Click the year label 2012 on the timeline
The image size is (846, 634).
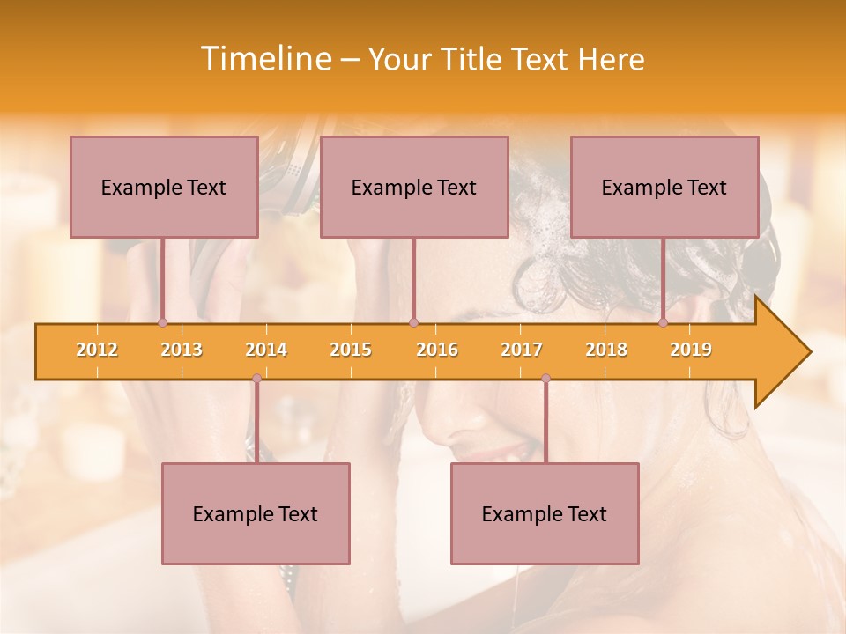[97, 350]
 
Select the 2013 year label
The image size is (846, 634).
[182, 350]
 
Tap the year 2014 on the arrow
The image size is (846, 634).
[266, 350]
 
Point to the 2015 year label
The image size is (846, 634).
[351, 350]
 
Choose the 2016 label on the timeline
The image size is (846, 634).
[437, 350]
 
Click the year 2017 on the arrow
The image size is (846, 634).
[522, 350]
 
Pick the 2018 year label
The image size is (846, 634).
[606, 350]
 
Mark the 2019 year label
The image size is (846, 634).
[691, 350]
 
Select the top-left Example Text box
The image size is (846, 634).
[164, 187]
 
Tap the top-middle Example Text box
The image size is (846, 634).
[414, 187]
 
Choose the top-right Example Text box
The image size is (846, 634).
[664, 187]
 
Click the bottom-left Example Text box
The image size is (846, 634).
[256, 513]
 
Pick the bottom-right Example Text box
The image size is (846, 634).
[545, 513]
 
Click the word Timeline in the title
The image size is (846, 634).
[264, 59]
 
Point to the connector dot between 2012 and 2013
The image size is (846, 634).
[163, 323]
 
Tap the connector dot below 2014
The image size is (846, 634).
[256, 379]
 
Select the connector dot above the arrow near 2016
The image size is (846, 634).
[413, 323]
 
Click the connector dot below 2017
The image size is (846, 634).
[545, 379]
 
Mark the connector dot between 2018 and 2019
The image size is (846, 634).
[664, 323]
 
